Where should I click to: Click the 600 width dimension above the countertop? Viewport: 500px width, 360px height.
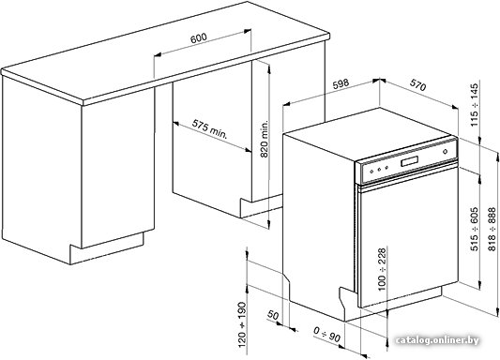tap(198, 37)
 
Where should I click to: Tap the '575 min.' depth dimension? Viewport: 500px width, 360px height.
tap(209, 129)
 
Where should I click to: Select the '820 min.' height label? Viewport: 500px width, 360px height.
tap(265, 140)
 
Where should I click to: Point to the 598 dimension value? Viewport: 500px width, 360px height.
tap(341, 83)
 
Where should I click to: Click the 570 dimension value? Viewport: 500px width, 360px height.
tap(417, 84)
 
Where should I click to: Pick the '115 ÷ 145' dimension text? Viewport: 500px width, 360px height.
tap(475, 104)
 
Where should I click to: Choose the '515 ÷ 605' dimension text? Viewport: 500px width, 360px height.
tap(475, 229)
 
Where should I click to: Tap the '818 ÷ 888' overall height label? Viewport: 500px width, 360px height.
tap(492, 229)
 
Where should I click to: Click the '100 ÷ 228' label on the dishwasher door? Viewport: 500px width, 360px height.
tap(382, 269)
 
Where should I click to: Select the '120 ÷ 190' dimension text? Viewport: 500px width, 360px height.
tap(242, 324)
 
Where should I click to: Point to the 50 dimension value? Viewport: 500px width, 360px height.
tap(273, 315)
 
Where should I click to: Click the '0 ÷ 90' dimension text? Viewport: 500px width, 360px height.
tap(326, 334)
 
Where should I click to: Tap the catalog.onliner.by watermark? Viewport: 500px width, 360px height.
tap(437, 340)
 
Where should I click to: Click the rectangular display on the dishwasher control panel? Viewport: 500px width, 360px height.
tap(410, 160)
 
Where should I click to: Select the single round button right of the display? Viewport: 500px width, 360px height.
tap(446, 152)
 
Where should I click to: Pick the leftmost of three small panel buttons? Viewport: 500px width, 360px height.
tap(371, 171)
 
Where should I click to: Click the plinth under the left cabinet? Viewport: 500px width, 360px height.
tap(107, 247)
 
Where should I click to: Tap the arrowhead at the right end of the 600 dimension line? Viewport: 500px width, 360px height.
tap(248, 31)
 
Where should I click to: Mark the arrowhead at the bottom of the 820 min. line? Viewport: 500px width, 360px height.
tap(269, 224)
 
